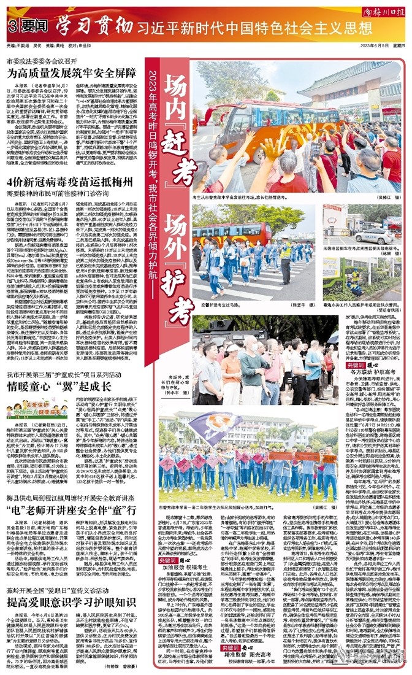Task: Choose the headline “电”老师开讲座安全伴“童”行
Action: click(71, 511)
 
